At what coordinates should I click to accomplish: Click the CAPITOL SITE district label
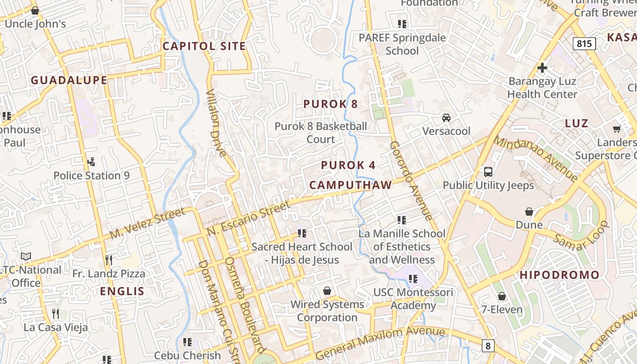point(204,46)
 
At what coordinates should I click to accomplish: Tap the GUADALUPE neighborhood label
point(69,81)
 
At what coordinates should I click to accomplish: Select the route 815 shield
point(584,44)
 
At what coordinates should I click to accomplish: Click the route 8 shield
point(488,346)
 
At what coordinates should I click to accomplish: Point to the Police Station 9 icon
point(91,162)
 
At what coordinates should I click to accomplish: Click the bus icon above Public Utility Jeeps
point(488,172)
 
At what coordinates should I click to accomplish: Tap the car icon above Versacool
point(446,118)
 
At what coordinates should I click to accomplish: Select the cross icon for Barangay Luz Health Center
point(542,68)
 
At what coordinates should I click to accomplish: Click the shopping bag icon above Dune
point(529,212)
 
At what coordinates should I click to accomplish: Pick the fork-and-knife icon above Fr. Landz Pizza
point(109,260)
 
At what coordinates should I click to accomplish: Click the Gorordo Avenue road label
point(410,180)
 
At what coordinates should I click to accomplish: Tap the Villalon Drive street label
point(216,123)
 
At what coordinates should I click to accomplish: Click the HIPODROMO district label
point(560,275)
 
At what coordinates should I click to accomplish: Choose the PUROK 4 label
point(348,165)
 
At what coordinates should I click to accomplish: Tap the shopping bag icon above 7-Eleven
point(502,297)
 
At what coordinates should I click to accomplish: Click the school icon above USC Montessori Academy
point(413,278)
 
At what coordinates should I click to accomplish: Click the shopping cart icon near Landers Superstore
point(617,129)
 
